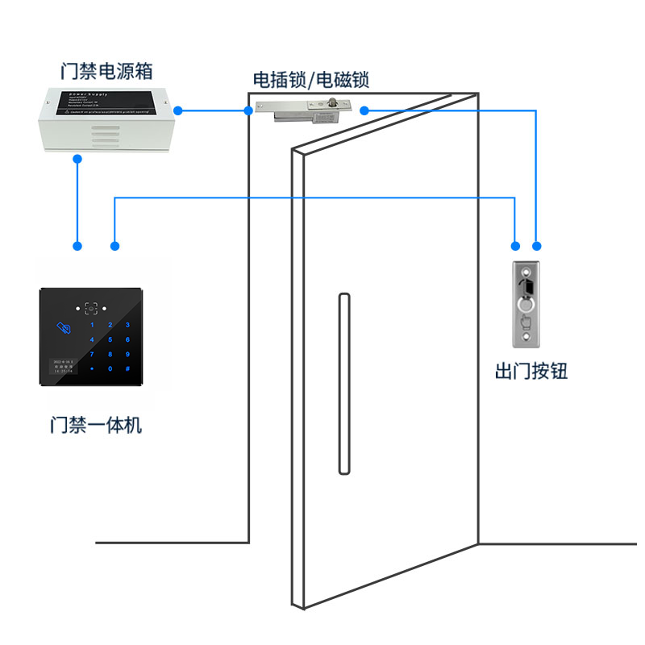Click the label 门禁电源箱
point(106,70)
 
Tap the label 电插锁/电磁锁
point(311,80)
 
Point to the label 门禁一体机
point(95,424)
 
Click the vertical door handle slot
point(343,384)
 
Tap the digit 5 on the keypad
point(110,339)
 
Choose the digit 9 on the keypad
point(127,354)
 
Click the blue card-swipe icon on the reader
point(62,327)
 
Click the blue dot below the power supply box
point(77,159)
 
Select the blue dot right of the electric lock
point(364,110)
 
